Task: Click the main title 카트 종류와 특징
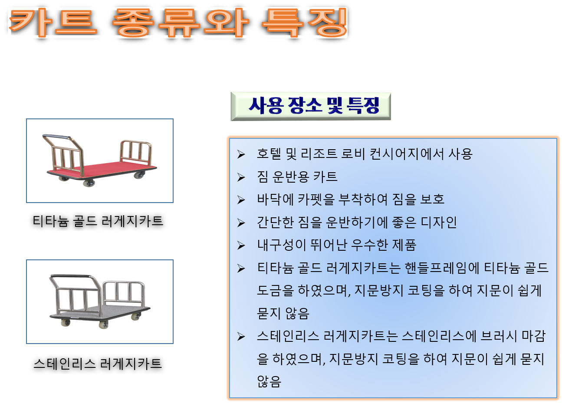(178, 23)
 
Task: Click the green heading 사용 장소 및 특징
(311, 106)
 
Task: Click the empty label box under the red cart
(98, 222)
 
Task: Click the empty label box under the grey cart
(98, 364)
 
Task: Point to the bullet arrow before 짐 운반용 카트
(241, 177)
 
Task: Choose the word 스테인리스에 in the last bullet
(438, 336)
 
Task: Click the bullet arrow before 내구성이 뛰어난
(241, 246)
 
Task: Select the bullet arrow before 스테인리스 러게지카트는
(241, 337)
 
